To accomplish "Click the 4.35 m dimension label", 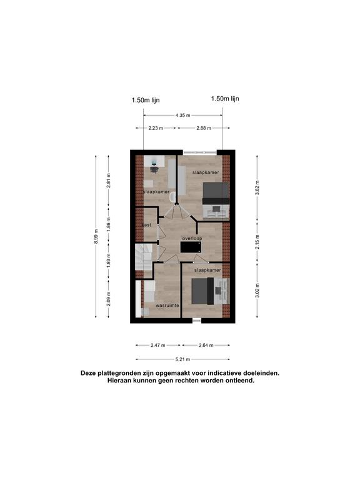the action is point(182,116).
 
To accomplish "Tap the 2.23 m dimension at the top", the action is point(156,128).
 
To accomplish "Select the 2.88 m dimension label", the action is point(204,128).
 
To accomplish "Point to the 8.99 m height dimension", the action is point(96,236).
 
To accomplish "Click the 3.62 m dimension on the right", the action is point(257,187).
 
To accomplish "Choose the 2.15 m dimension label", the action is point(257,242).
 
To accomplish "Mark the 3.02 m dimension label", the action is point(257,290).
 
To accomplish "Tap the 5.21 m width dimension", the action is point(182,359).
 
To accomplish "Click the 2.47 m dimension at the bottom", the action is point(157,345).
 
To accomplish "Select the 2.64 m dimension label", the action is point(206,345).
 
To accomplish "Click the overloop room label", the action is point(192,239).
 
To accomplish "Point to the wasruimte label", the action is point(167,306).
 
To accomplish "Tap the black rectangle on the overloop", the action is point(191,247).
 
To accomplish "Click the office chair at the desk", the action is point(154,169).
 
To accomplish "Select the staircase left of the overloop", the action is point(144,257).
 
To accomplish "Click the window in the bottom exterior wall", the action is point(197,321).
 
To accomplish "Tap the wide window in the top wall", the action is point(200,152).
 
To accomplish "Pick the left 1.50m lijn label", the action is point(146,100).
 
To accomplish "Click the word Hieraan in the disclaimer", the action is point(120,381).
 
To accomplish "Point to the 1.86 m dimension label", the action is point(109,224).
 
